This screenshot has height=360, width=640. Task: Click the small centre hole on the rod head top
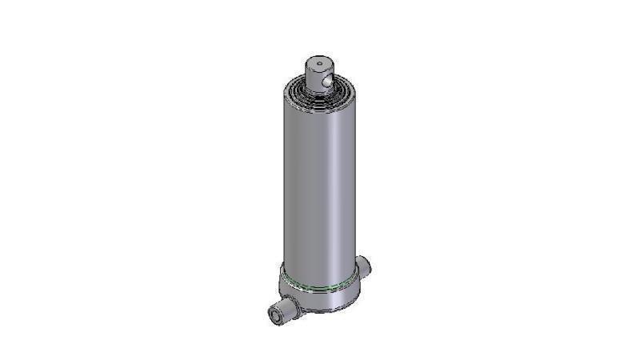pyautogui.click(x=318, y=61)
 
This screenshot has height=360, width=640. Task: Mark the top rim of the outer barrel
pyautogui.click(x=317, y=104)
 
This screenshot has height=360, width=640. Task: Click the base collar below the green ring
pyautogui.click(x=320, y=299)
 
